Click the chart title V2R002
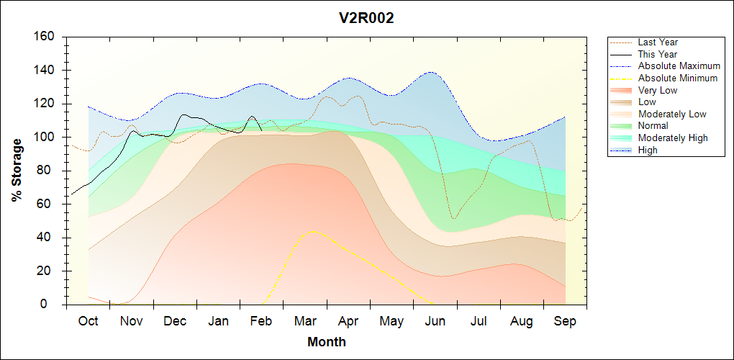pos(367,19)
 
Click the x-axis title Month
pos(327,342)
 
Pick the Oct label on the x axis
pos(88,321)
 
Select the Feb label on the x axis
pos(261,321)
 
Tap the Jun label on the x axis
pos(435,321)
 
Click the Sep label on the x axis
pos(565,321)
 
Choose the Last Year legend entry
pos(658,42)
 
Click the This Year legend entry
pos(658,54)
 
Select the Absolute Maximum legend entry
pos(679,66)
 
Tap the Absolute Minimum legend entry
pos(678,78)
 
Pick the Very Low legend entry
pos(658,90)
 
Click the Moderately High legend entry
pos(673,138)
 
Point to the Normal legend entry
pos(653,126)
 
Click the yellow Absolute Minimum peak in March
pos(311,231)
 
